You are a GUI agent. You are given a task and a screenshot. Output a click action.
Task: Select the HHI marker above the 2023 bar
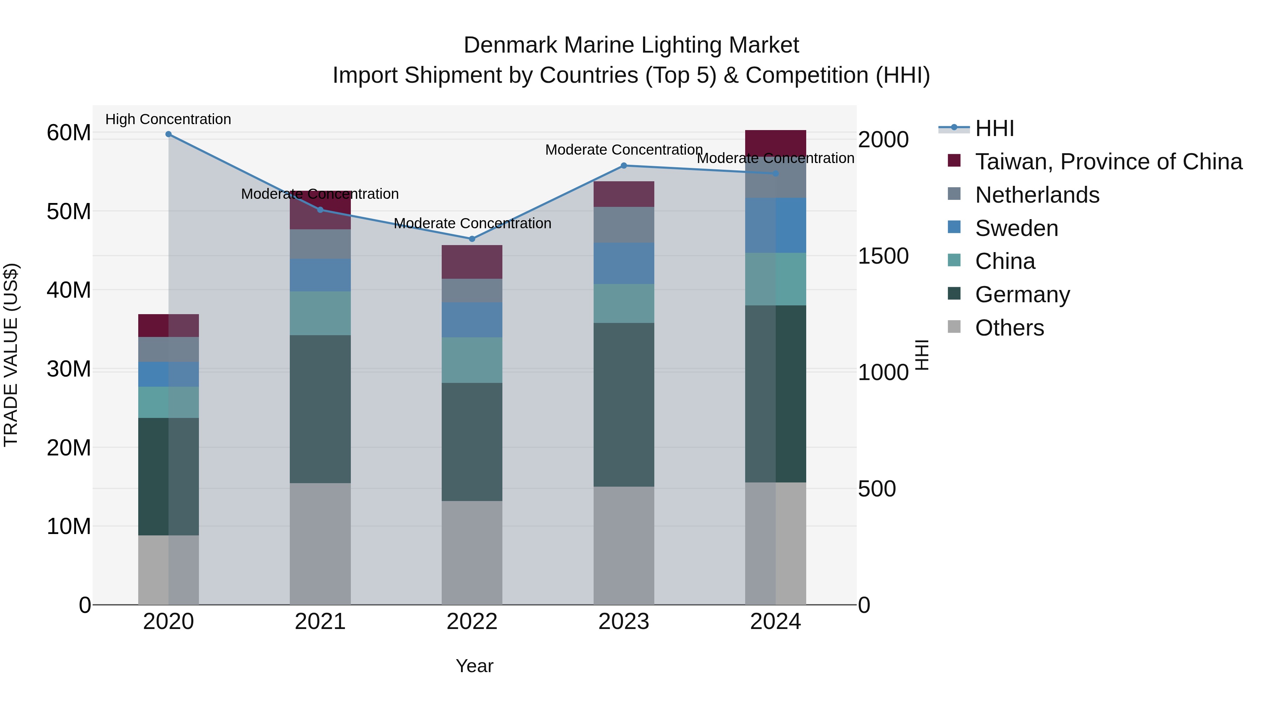coord(624,165)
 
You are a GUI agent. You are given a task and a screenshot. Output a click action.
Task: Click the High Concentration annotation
coord(168,119)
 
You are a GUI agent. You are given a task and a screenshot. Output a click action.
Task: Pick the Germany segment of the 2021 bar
coord(320,409)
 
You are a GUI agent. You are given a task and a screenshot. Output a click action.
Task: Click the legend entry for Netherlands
coord(1037,195)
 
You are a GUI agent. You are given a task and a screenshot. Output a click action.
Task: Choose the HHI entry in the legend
coord(994,128)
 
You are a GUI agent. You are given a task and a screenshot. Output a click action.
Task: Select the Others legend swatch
coord(954,326)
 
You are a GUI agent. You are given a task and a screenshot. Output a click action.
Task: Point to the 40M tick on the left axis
coord(69,290)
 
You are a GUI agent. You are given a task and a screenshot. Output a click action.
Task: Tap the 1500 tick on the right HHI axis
coord(883,256)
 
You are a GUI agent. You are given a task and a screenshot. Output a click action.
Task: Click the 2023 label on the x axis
coord(624,622)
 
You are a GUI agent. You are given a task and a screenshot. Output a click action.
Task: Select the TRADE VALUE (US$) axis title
coord(11,355)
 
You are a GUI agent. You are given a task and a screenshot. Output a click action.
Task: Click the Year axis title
coord(474,666)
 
